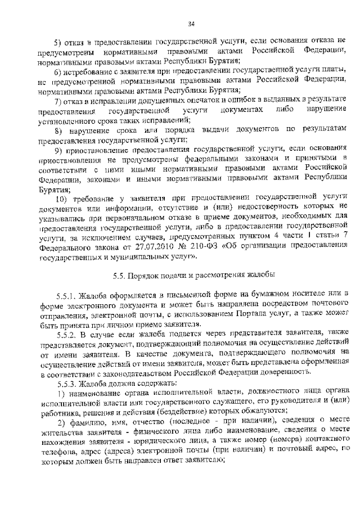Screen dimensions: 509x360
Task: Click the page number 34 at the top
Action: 191,23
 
